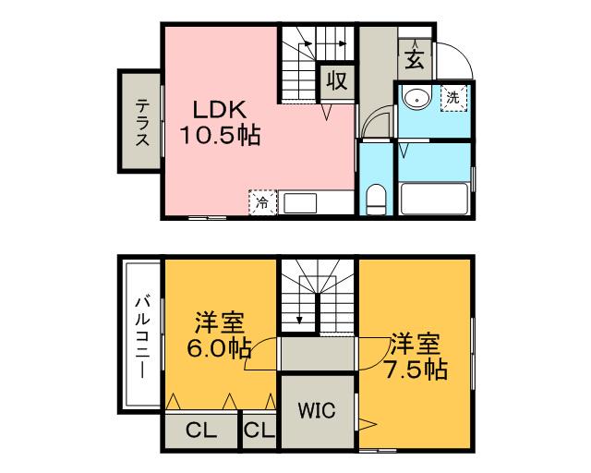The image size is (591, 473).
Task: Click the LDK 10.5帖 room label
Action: click(221, 123)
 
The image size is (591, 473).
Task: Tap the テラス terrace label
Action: click(142, 122)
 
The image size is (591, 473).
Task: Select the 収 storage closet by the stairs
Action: click(336, 81)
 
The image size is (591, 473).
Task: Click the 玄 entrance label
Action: click(415, 60)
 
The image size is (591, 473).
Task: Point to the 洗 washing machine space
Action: click(453, 98)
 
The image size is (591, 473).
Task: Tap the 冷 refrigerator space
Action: click(262, 203)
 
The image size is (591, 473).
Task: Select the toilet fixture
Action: click(377, 200)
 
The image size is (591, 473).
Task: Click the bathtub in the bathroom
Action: click(433, 199)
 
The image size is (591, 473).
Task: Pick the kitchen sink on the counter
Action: click(300, 203)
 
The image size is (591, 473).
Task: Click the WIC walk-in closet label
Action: click(317, 410)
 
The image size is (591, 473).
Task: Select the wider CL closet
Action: click(201, 431)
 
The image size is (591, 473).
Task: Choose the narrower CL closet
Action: click(259, 431)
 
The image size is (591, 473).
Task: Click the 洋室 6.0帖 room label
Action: click(219, 334)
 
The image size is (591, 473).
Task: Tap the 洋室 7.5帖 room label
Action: click(416, 356)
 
